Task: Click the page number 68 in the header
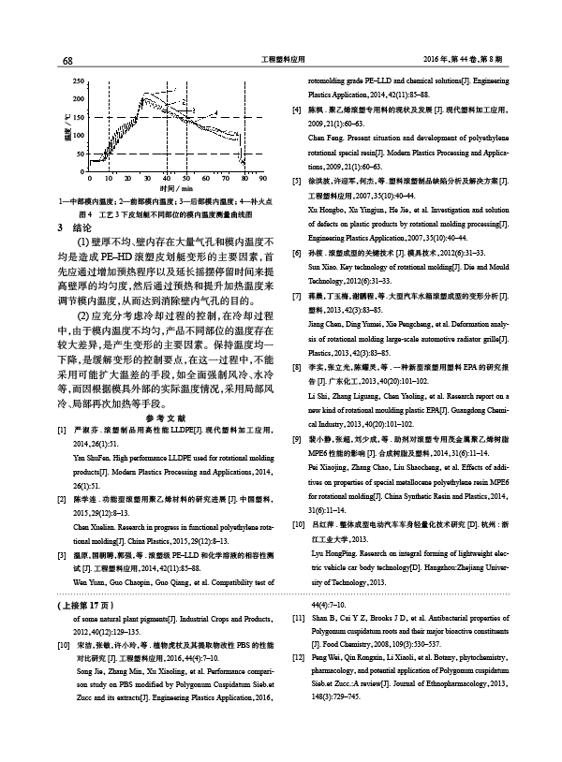pyautogui.click(x=67, y=61)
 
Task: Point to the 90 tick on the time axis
pyautogui.click(x=263, y=177)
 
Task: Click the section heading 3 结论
pyautogui.click(x=75, y=227)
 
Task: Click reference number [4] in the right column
pyautogui.click(x=297, y=110)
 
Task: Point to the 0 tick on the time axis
pyautogui.click(x=85, y=177)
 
